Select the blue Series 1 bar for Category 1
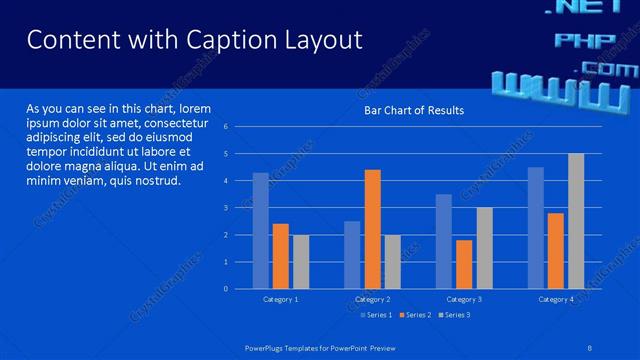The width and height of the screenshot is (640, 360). pyautogui.click(x=261, y=231)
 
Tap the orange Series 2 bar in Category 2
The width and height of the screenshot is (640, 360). pyautogui.click(x=372, y=229)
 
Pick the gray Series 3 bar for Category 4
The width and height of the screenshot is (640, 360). pyautogui.click(x=576, y=221)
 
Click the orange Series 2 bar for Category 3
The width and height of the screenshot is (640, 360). pyautogui.click(x=464, y=264)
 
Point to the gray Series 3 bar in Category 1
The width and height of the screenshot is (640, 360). pyautogui.click(x=301, y=262)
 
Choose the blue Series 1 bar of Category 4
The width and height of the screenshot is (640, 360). pyautogui.click(x=536, y=228)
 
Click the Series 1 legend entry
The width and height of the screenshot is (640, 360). pyautogui.click(x=376, y=315)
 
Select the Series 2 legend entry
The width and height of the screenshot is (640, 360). pyautogui.click(x=415, y=315)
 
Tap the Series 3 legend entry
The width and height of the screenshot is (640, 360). pyautogui.click(x=454, y=315)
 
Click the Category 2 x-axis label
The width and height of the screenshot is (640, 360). pyautogui.click(x=372, y=299)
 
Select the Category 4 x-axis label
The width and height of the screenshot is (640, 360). pyautogui.click(x=556, y=299)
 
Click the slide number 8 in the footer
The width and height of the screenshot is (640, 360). pyautogui.click(x=590, y=346)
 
